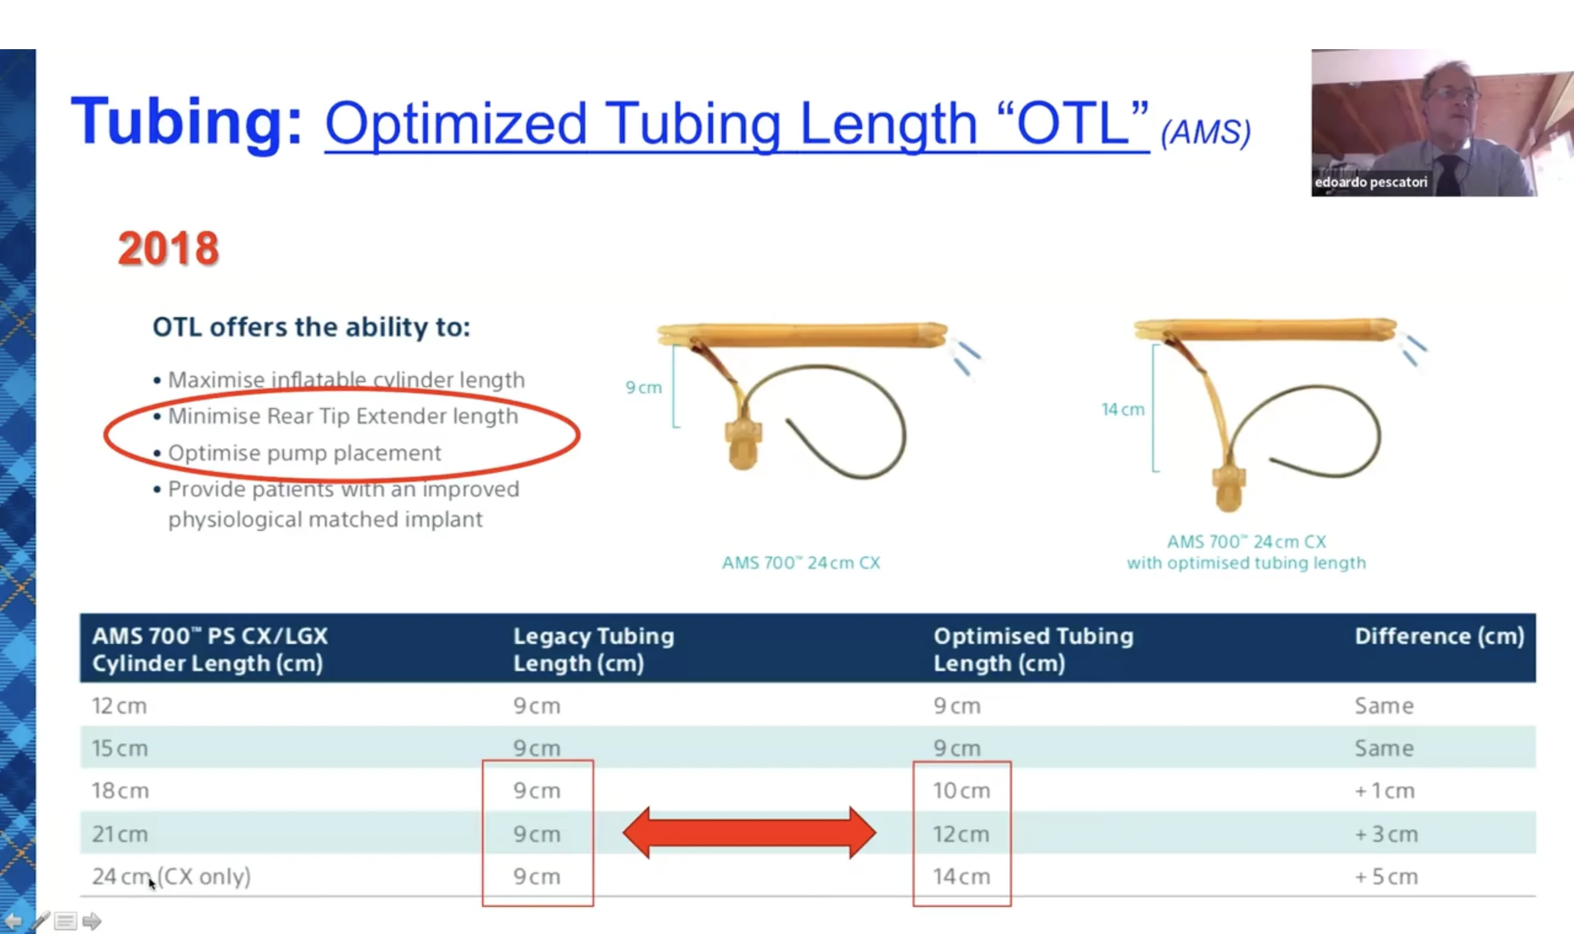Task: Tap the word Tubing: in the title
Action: coord(186,122)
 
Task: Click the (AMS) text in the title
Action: coord(1206,132)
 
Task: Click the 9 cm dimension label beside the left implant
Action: coord(644,388)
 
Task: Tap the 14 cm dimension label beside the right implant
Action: coord(1123,410)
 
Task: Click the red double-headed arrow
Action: coord(749,833)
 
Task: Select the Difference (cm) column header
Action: coord(1439,637)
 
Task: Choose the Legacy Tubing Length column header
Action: coord(594,649)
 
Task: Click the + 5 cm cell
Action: coord(1386,877)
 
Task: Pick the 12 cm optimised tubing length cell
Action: coord(962,834)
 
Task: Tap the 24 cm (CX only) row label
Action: coord(172,877)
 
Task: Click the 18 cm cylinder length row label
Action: coord(121,791)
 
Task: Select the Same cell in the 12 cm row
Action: coord(1384,706)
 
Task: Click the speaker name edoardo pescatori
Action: coord(1370,182)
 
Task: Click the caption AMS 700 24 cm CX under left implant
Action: coord(801,563)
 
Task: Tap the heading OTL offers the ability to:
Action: coord(312,328)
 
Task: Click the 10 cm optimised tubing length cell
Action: coord(962,791)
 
